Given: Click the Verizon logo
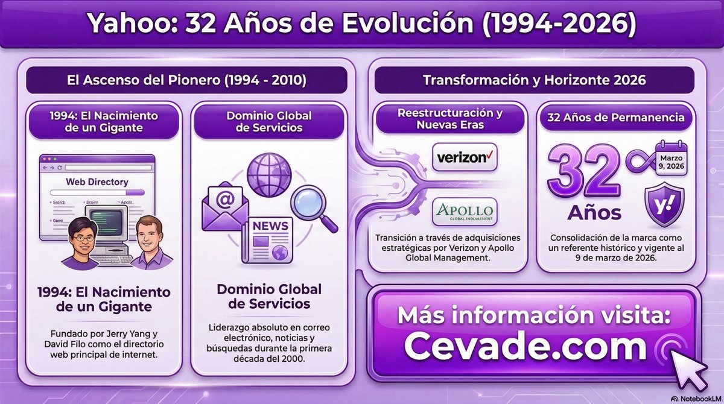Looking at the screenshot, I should pos(465,158).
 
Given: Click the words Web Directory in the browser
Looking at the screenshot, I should pos(97,181).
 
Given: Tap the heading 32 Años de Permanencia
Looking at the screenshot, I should pos(615,118).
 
